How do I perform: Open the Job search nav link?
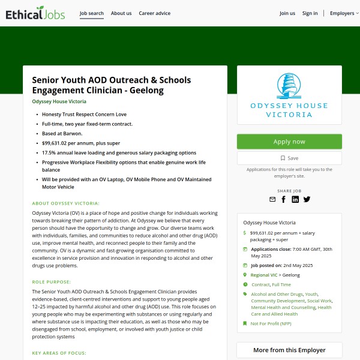click(x=92, y=13)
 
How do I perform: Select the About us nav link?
click(x=121, y=13)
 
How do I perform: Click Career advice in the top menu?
click(x=154, y=13)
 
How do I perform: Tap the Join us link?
click(x=287, y=13)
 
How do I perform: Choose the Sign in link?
click(x=310, y=13)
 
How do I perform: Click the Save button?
click(x=289, y=158)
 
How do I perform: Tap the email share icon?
click(x=272, y=199)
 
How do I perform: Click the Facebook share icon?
click(x=284, y=199)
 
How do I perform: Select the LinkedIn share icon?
click(x=295, y=199)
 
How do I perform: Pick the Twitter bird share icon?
click(x=307, y=199)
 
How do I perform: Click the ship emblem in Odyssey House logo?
click(x=289, y=87)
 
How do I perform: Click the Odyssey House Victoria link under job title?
click(x=59, y=101)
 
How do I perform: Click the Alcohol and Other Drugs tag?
click(x=276, y=294)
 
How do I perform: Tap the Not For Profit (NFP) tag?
click(x=271, y=323)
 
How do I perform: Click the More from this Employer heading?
click(x=289, y=350)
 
